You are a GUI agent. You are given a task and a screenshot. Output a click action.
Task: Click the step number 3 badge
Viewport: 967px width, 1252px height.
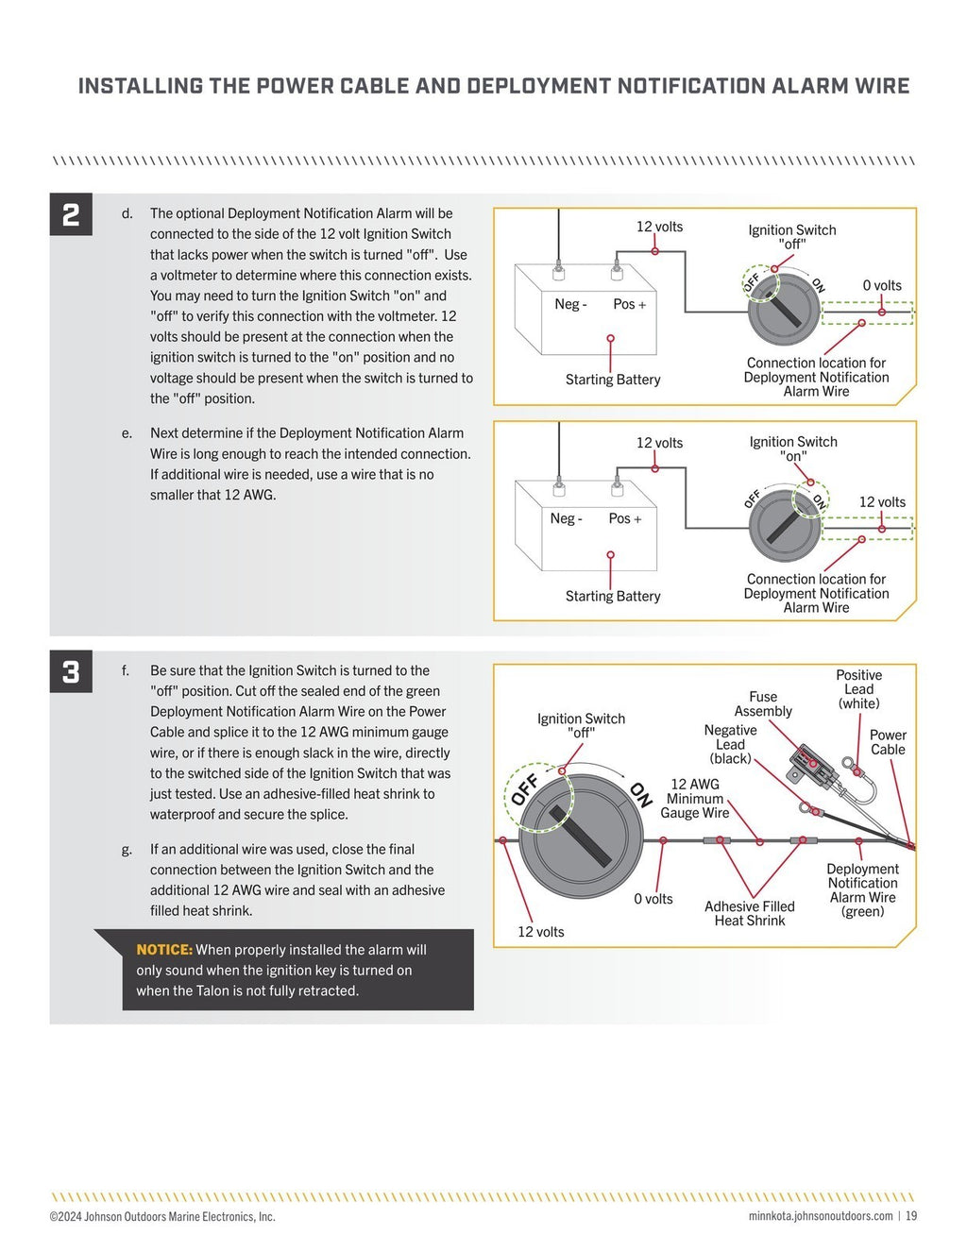tap(71, 671)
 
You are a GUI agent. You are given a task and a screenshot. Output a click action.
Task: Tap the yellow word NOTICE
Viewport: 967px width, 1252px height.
tap(164, 950)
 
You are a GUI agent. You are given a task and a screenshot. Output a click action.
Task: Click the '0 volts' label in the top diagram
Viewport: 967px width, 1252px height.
tap(881, 285)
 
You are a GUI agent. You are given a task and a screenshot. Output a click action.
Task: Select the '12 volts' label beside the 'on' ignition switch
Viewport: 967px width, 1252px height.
tap(881, 502)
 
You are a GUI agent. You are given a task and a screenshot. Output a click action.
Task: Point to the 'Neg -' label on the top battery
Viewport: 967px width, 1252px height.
tap(570, 304)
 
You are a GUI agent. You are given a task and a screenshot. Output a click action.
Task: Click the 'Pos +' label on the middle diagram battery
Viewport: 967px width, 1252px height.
tap(624, 518)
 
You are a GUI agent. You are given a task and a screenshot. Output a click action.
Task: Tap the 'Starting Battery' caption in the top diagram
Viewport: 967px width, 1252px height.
tap(613, 380)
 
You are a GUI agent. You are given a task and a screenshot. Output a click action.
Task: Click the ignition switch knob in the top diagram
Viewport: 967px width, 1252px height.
tap(784, 309)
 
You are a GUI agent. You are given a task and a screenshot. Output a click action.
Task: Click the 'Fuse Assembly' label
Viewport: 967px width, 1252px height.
tap(763, 704)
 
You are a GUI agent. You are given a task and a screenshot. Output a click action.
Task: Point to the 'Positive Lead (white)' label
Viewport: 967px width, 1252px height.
tap(858, 689)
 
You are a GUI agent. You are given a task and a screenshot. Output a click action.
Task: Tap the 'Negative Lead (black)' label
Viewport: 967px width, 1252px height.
tap(730, 744)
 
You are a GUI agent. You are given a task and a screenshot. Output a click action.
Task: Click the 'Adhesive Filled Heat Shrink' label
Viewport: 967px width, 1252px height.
tap(750, 913)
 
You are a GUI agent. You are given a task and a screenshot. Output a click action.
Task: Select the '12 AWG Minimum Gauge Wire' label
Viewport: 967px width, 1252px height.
tap(694, 799)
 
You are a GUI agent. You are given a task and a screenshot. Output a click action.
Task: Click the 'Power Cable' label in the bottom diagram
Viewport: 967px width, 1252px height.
tap(888, 742)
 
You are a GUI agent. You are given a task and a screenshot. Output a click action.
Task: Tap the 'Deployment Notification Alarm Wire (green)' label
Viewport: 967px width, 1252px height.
tap(862, 889)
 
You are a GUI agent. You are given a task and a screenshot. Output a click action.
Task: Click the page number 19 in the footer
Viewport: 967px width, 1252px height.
tap(911, 1216)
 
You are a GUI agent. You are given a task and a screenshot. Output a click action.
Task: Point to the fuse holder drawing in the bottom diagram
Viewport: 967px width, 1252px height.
tap(813, 767)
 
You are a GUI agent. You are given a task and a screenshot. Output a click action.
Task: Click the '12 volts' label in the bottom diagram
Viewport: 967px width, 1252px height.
tap(540, 932)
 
